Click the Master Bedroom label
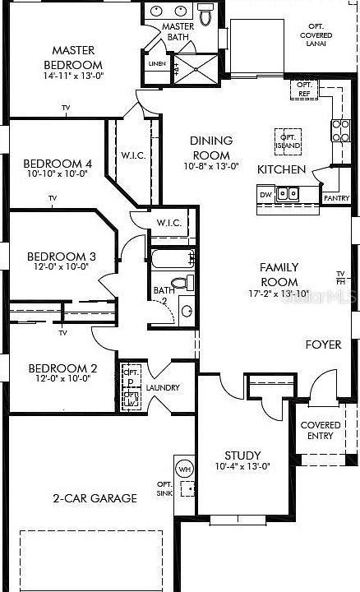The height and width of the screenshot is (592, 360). click(72, 58)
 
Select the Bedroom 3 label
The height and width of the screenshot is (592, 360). click(62, 257)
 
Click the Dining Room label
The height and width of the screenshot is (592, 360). click(211, 147)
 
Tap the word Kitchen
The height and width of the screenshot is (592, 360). click(282, 169)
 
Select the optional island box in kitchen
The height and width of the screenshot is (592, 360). click(288, 140)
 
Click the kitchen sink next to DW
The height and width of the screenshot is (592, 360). click(287, 194)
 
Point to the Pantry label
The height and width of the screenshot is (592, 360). click(337, 198)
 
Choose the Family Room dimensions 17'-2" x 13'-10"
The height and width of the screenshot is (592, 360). click(279, 294)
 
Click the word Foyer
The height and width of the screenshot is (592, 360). click(323, 345)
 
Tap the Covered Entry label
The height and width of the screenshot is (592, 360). click(321, 430)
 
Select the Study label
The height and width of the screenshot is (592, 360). click(242, 455)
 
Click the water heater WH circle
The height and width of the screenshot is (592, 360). click(184, 469)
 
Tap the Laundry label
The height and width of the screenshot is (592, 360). click(163, 387)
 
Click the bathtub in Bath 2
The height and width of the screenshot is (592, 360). click(169, 261)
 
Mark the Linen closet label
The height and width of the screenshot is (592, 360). click(156, 63)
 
